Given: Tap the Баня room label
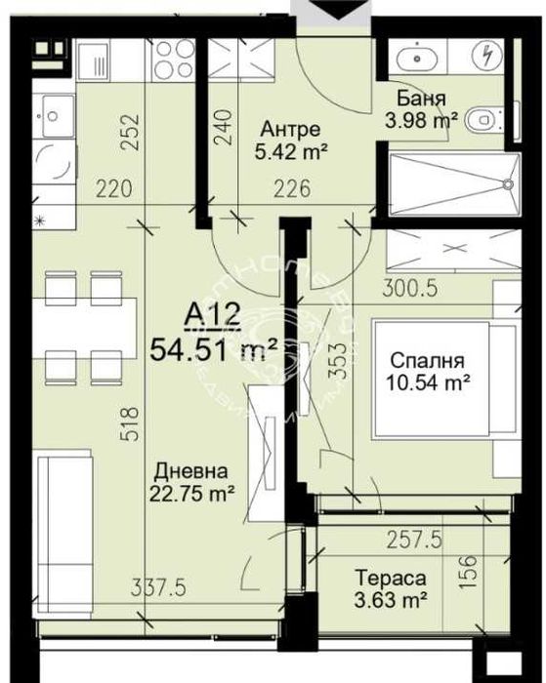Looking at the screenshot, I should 423,100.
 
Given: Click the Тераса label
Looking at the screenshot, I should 388,578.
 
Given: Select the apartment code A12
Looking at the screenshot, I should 213,315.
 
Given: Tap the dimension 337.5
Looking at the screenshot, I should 159,587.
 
